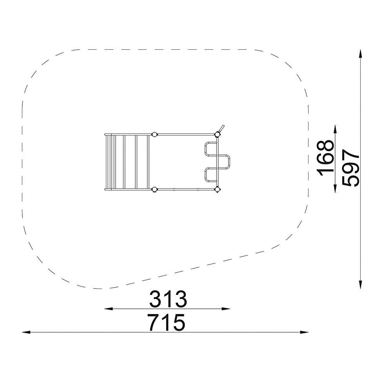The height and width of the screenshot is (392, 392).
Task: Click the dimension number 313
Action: click(x=168, y=299)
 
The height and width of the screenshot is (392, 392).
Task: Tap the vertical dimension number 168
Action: click(x=325, y=158)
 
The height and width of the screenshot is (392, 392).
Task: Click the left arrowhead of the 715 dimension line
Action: click(x=26, y=332)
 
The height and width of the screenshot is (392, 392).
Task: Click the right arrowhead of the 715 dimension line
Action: click(x=304, y=332)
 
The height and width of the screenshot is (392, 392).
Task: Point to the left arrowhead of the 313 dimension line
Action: click(x=109, y=309)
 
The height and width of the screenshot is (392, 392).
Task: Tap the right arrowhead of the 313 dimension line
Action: click(x=226, y=309)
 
